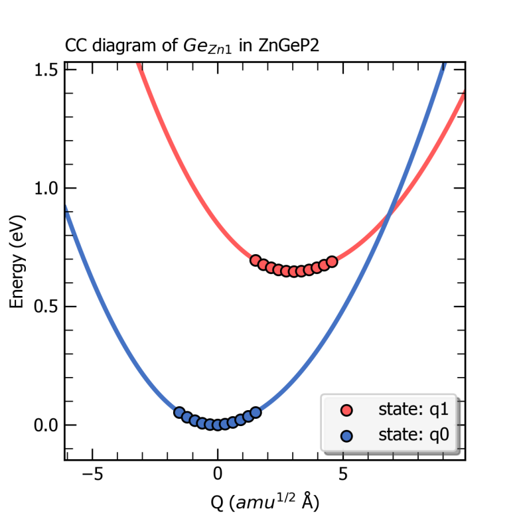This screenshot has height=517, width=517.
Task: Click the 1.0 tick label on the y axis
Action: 46,188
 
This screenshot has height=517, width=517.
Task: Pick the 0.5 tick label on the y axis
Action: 46,307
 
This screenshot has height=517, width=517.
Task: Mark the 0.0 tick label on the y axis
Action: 46,425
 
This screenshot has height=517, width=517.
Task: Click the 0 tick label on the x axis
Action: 217,475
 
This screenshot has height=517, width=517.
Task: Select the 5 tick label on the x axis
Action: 342,475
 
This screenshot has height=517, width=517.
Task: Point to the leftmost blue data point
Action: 179,412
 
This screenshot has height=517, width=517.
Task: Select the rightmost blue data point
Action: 256,412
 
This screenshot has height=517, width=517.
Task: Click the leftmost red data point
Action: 256,260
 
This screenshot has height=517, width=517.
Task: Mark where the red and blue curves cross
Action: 390,213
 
